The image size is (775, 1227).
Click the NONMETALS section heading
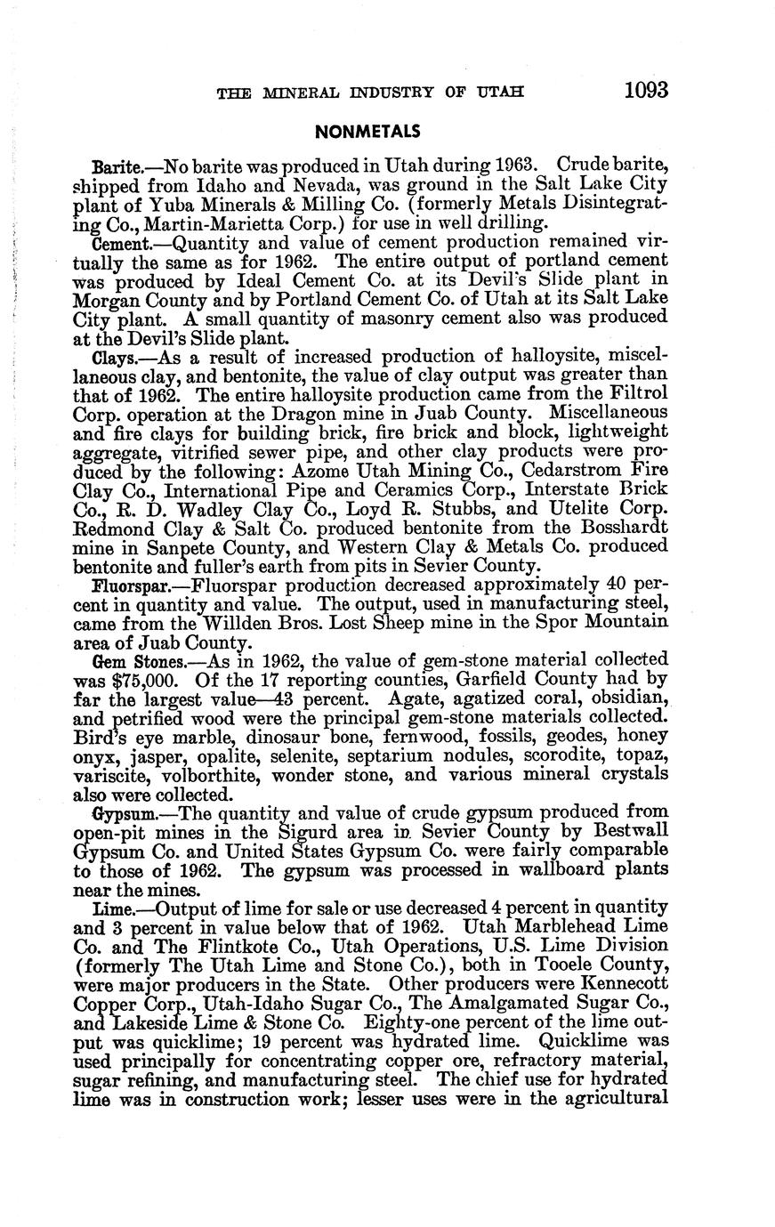pos(367,132)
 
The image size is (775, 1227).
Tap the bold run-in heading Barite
pos(115,166)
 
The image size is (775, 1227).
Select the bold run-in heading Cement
pos(118,242)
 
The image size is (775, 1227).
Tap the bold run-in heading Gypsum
pos(123,813)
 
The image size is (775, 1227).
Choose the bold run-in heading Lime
pos(110,908)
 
